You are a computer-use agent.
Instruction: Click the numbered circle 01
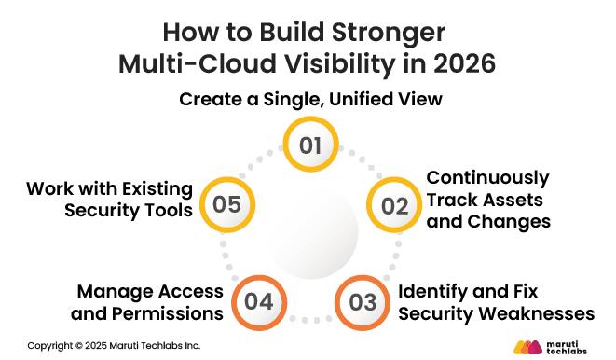tap(310, 146)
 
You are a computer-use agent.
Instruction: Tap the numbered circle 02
tap(395, 206)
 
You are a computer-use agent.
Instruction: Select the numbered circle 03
tap(363, 301)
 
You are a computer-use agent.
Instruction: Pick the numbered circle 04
tap(258, 301)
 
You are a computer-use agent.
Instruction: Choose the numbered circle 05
tap(226, 205)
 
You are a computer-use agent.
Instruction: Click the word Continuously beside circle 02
tap(487, 177)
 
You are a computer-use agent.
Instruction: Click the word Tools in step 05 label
tap(171, 211)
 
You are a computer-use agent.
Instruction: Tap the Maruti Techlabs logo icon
tap(527, 346)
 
